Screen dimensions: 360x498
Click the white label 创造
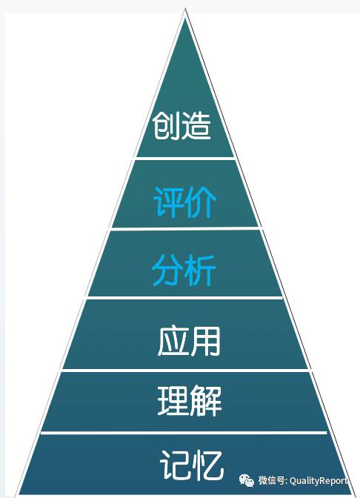pos(181,126)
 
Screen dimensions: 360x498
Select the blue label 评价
pos(184,202)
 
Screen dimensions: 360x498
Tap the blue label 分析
pos(184,270)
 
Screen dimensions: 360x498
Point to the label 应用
pos(189,341)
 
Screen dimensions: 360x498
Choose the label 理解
pos(190,400)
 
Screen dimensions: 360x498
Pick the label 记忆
pos(192,465)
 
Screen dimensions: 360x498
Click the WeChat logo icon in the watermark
pos(247,480)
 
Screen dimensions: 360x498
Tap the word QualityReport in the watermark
pos(319,481)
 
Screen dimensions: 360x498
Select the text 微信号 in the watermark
pos(271,480)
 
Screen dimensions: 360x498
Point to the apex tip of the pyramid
pos(185,10)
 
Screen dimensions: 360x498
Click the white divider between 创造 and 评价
pos(184,158)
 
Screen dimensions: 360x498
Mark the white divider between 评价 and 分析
pos(185,228)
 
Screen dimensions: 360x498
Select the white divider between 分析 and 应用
pos(184,298)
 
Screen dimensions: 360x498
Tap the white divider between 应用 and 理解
pos(185,371)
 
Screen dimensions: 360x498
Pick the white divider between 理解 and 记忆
pos(184,433)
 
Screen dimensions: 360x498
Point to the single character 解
pos(206,400)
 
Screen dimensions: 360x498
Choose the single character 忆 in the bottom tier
pos(208,465)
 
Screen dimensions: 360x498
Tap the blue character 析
pos(200,270)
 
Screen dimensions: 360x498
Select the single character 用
pos(205,341)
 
